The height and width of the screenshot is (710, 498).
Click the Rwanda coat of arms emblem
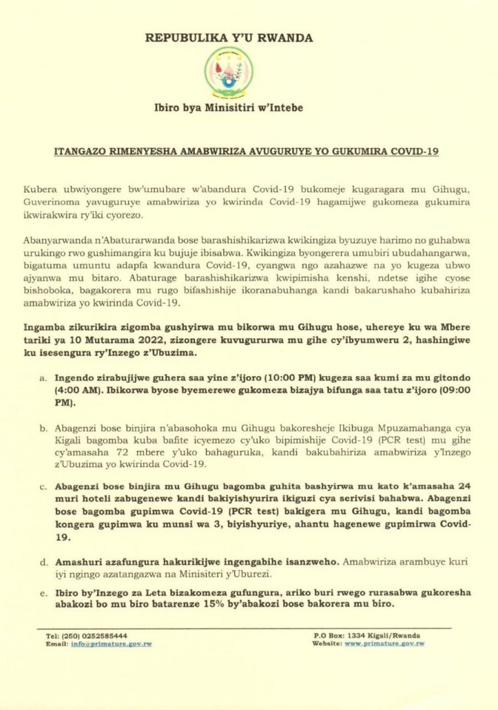[x=228, y=73]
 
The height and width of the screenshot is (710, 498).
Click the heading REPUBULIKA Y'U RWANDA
[x=229, y=38]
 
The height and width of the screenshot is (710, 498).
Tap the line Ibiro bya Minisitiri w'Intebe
[x=228, y=108]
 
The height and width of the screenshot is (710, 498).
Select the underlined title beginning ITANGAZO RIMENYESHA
[x=247, y=151]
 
